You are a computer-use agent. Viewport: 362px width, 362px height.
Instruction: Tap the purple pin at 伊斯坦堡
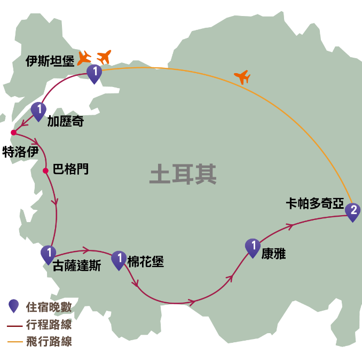94,73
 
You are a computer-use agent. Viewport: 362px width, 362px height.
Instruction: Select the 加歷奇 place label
66,121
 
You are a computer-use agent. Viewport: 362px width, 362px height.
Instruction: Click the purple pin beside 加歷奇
38,110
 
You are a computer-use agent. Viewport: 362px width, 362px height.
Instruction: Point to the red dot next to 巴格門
45,171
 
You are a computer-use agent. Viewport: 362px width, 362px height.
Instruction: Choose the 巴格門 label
70,169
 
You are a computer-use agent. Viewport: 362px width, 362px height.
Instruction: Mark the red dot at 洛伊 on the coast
13,132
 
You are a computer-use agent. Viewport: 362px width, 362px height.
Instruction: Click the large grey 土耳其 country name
183,175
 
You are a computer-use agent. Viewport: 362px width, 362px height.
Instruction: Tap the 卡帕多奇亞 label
315,203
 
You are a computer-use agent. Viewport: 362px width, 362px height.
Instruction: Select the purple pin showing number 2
352,211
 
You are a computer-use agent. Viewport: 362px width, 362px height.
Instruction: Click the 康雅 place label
273,254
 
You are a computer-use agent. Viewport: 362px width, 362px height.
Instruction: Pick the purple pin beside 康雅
253,247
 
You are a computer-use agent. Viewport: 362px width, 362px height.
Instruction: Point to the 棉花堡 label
145,262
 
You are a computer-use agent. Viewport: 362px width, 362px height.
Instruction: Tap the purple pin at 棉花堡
119,259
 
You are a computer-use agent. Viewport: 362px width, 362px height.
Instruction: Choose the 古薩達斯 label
77,265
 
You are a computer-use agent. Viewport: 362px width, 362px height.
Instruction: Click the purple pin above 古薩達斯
48,253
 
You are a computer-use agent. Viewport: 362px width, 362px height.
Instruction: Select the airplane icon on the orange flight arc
242,77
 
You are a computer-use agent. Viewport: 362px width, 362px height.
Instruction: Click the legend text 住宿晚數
49,307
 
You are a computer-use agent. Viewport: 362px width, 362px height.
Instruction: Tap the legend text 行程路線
49,325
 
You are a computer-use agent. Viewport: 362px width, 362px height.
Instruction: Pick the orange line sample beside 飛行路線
14,342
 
